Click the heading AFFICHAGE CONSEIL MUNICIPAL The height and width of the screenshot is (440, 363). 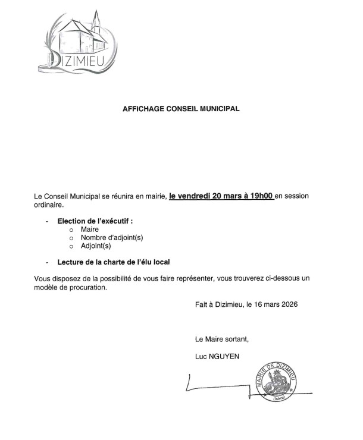point(181,109)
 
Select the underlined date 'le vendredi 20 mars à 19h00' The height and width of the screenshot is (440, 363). point(221,195)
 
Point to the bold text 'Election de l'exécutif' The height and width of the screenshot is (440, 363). point(95,221)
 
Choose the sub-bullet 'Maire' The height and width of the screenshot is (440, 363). point(90,229)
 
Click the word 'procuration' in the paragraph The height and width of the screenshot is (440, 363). point(87,287)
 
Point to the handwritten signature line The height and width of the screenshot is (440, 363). point(214,387)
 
